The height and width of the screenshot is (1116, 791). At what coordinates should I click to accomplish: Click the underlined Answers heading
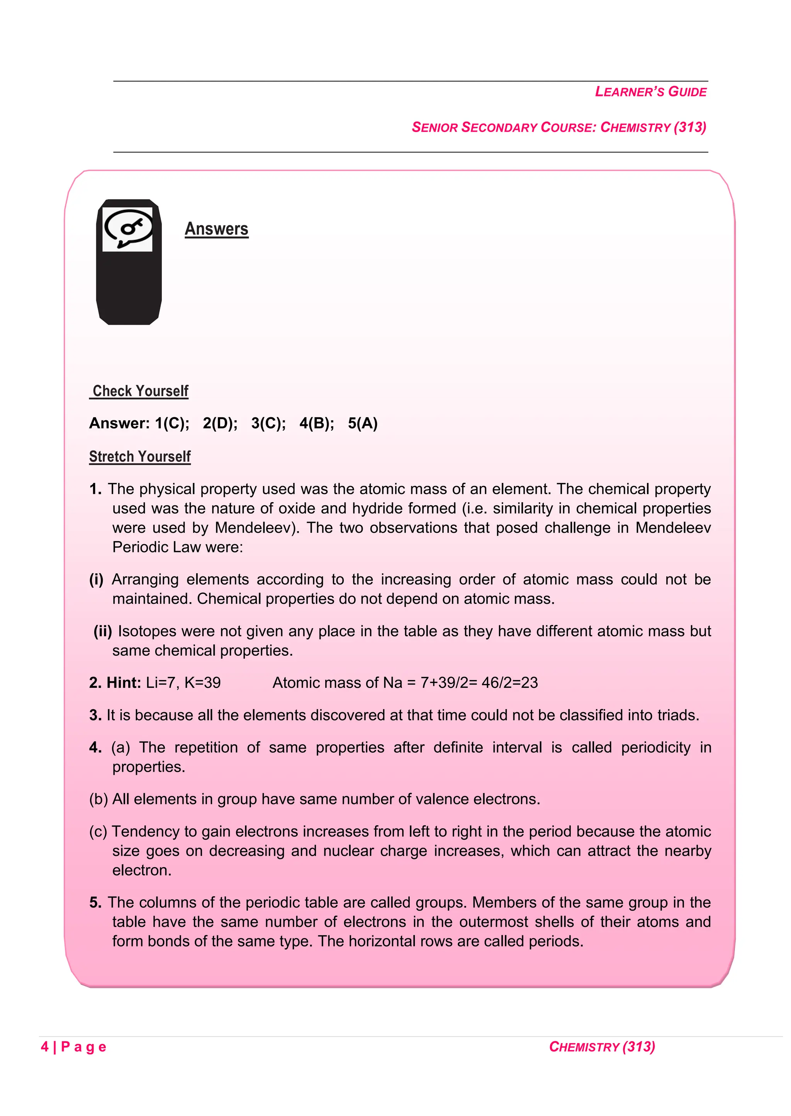216,229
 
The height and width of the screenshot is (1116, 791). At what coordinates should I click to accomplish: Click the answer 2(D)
220,423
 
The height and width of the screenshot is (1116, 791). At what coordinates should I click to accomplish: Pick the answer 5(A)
362,423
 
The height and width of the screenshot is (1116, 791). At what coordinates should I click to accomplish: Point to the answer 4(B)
317,423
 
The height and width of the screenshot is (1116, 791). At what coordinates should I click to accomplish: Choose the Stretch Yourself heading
140,457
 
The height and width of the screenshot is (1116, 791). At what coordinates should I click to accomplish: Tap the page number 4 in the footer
45,1047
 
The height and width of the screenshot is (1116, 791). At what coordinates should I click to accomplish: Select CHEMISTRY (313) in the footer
602,1047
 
